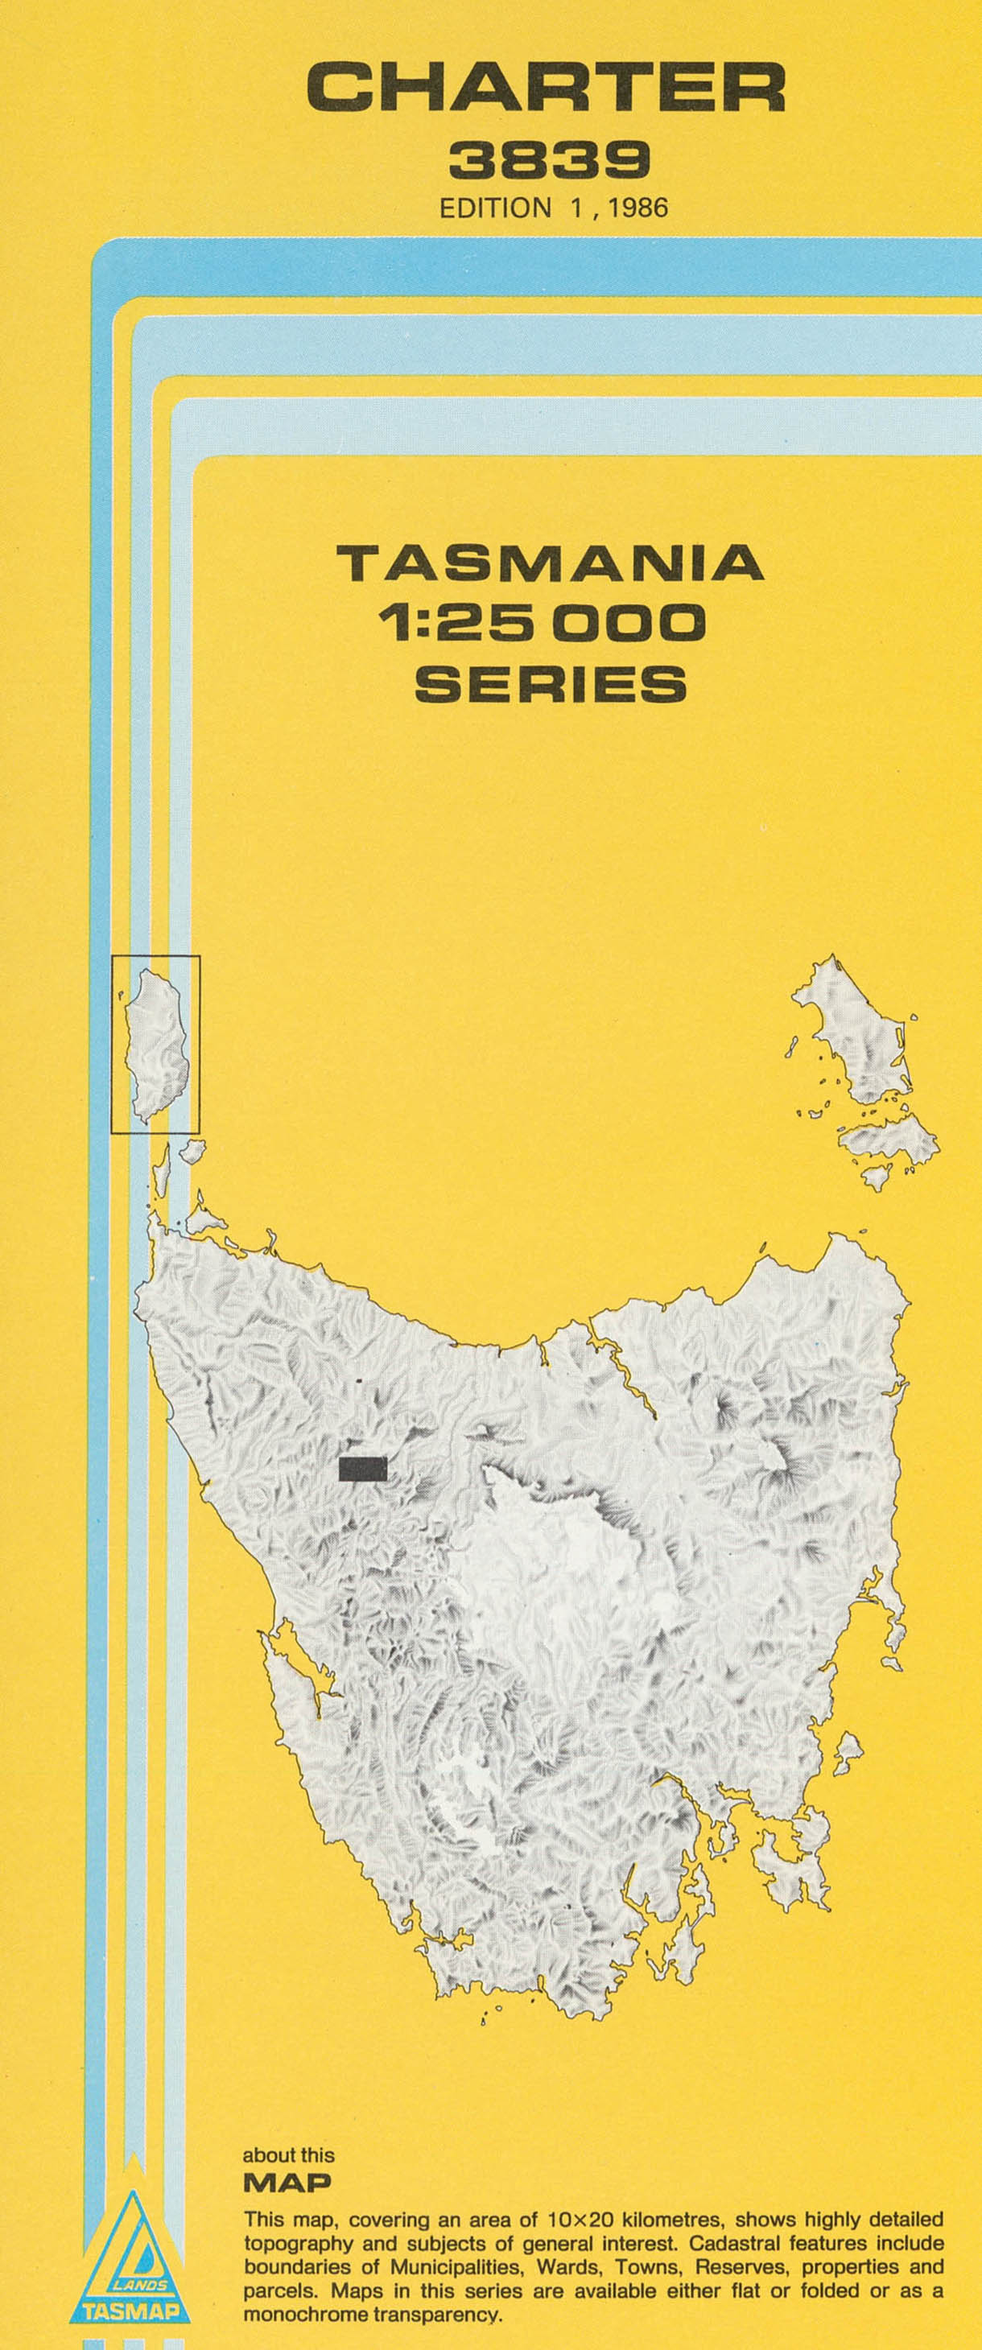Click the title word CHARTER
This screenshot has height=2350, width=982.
pyautogui.click(x=546, y=89)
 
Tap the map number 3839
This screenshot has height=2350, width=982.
pyautogui.click(x=550, y=161)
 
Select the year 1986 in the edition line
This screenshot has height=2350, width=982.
pyautogui.click(x=638, y=208)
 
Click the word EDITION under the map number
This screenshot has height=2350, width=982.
pyautogui.click(x=496, y=208)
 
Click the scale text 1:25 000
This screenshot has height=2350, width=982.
pyautogui.click(x=543, y=623)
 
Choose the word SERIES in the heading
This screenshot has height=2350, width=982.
pyautogui.click(x=551, y=683)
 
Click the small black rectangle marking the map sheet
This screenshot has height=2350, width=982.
pyautogui.click(x=362, y=1468)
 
